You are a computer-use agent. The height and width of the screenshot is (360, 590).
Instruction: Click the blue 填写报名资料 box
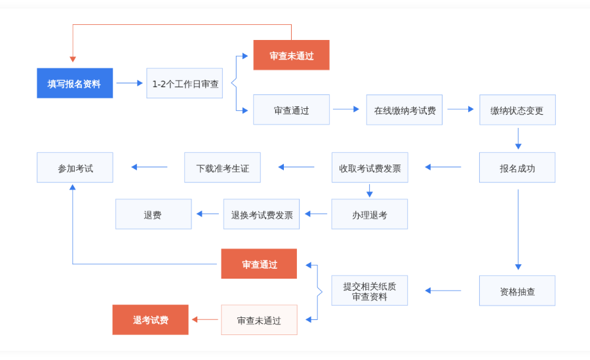(75, 83)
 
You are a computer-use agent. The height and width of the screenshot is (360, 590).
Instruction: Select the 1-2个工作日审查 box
(185, 83)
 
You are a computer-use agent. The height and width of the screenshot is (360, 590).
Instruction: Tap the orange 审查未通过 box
(291, 55)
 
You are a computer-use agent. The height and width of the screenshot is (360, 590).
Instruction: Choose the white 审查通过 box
(291, 110)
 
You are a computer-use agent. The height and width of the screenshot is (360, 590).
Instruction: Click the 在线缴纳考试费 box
(404, 110)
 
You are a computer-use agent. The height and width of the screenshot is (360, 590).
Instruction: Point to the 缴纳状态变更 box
(517, 110)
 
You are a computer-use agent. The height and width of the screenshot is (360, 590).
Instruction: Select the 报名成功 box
(517, 167)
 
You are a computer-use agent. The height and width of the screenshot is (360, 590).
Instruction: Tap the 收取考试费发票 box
(370, 167)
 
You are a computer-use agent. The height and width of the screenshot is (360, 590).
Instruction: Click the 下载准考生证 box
(223, 167)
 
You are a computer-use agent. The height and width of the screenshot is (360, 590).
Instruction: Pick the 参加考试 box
(75, 167)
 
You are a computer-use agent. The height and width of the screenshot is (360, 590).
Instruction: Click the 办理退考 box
(370, 214)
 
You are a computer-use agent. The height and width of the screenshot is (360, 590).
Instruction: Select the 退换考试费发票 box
(262, 214)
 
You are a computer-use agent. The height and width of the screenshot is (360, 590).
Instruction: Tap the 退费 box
(153, 214)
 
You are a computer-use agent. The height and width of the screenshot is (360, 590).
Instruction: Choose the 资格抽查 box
(517, 290)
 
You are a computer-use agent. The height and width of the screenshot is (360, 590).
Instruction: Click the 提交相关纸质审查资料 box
(370, 290)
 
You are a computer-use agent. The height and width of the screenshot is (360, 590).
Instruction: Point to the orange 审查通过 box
(259, 264)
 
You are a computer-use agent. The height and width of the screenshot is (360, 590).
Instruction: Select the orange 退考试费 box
(150, 319)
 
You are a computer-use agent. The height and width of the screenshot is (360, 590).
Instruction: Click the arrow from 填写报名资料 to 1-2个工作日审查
(129, 83)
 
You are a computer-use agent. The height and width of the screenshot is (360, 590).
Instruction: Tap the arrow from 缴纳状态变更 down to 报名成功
(518, 138)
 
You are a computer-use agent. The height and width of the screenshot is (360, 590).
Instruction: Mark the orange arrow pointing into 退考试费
(205, 320)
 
